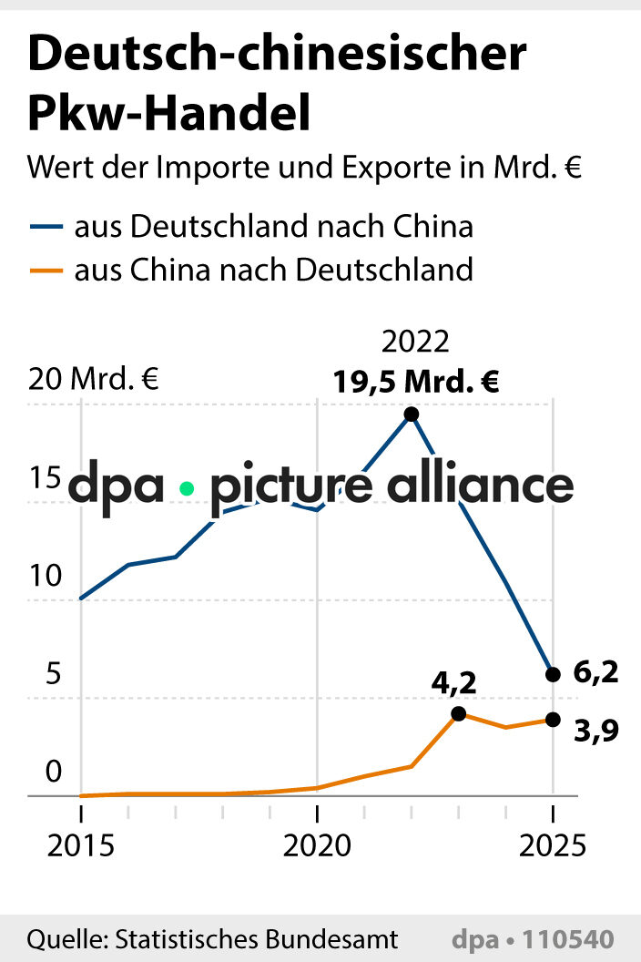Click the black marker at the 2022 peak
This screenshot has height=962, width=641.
click(411, 414)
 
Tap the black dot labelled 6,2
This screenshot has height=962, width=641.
click(552, 674)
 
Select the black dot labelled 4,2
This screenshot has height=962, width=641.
click(458, 714)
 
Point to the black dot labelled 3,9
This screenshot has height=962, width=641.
click(552, 720)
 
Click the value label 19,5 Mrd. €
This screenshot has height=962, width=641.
click(415, 382)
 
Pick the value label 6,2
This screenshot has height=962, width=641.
click(595, 673)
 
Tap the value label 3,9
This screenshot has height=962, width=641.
click(596, 731)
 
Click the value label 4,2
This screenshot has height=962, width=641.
click(454, 681)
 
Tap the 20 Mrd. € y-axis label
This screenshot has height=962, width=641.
click(93, 379)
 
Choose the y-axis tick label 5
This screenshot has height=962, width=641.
click(53, 674)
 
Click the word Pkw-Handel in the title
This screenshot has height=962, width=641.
click(169, 114)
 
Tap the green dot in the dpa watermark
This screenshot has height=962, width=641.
click(188, 488)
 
